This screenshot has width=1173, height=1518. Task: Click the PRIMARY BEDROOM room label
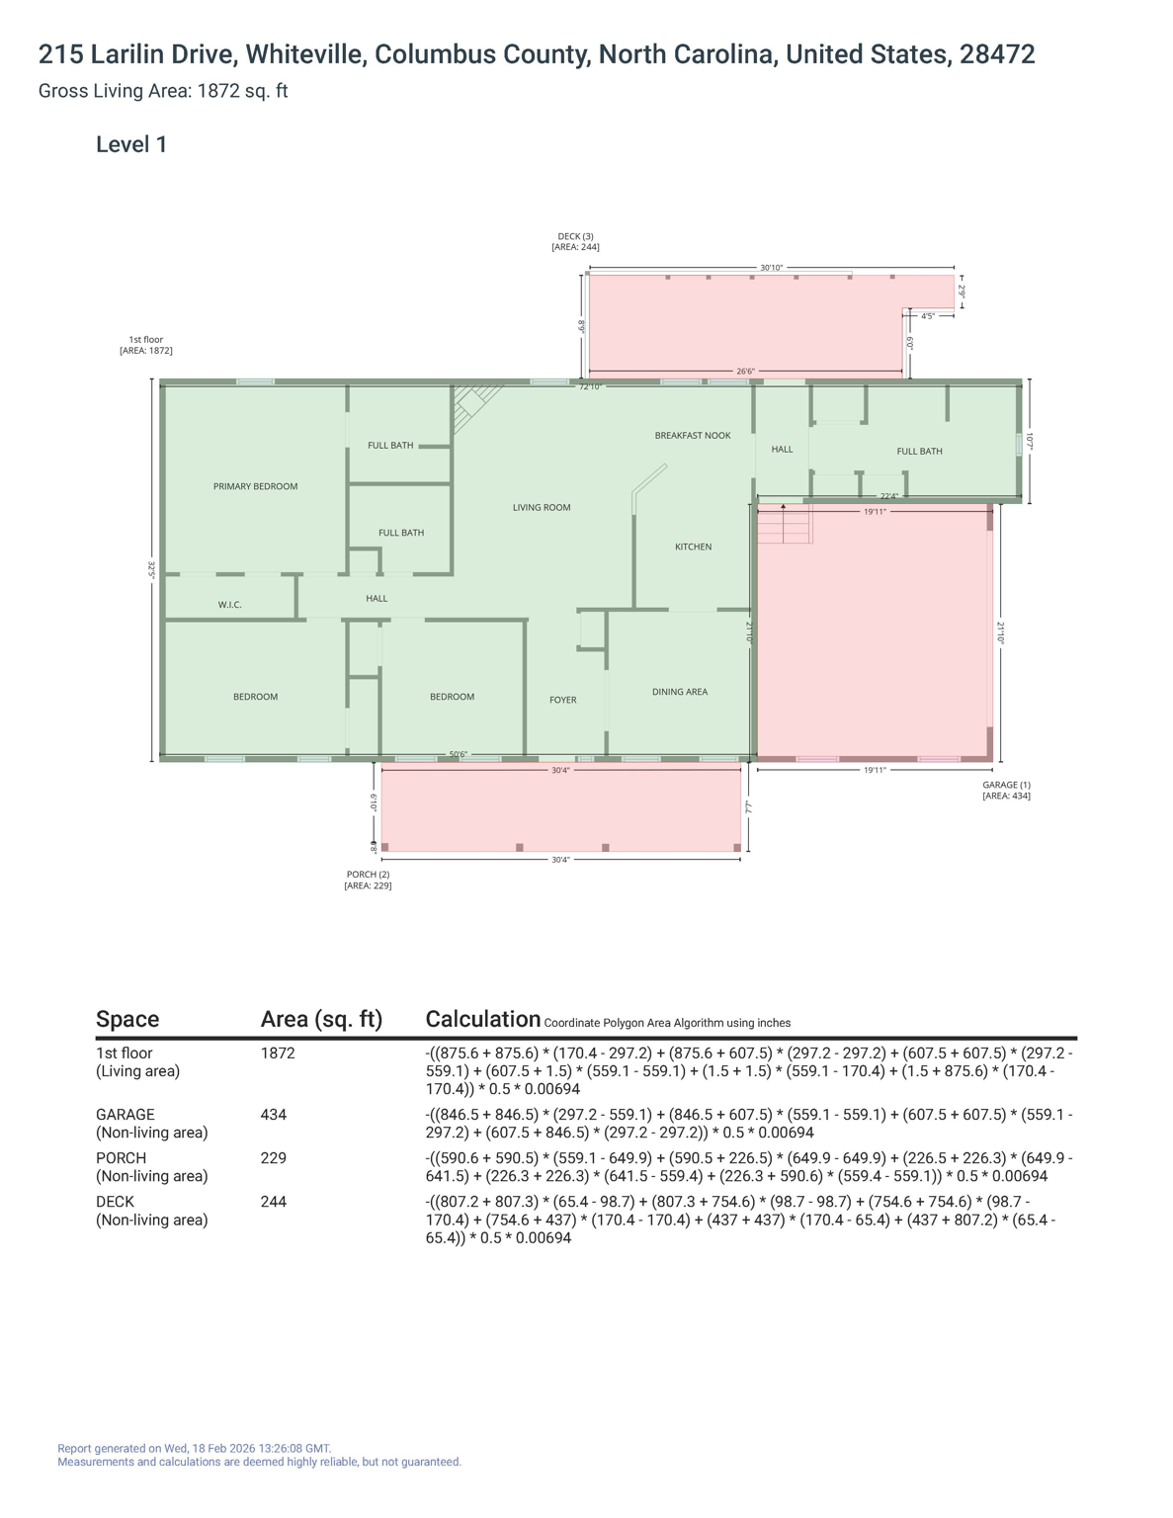coord(255,486)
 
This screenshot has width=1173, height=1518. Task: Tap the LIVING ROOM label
coord(542,508)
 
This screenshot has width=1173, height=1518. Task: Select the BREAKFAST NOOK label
coord(693,436)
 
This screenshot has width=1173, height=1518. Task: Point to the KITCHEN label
coord(693,547)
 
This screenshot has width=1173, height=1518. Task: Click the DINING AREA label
coord(680,692)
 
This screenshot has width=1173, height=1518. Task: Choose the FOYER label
coord(563,700)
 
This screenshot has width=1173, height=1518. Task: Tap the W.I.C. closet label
coord(229,605)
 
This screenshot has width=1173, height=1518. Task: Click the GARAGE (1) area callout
coord(1006,790)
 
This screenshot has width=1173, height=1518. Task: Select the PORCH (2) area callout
coord(368,880)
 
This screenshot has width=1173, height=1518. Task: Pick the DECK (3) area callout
coord(575,241)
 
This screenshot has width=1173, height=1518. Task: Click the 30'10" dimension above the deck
coord(771,268)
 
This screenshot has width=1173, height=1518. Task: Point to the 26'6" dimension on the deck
coord(745,372)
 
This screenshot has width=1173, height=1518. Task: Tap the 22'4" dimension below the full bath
coord(889,496)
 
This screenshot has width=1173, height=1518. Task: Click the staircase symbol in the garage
coord(785,524)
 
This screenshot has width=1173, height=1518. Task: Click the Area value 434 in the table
coord(274,1115)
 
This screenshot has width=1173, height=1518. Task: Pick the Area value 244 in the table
coord(274,1202)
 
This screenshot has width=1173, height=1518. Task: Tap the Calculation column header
coord(482,1019)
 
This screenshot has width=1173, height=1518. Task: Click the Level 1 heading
coord(131,144)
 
